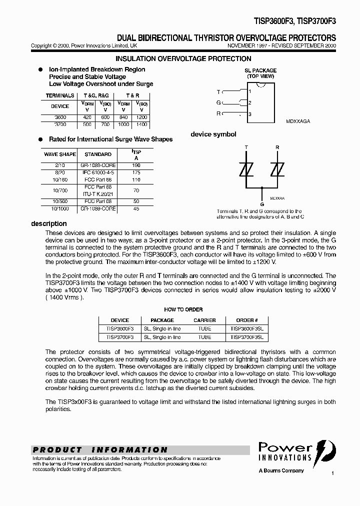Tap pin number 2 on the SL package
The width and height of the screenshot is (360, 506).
pos(250,103)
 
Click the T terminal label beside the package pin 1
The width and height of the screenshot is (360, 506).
pos(218,91)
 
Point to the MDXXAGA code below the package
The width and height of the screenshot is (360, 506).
pos(298,121)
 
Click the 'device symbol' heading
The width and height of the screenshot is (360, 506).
pos(213,134)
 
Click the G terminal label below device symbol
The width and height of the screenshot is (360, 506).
pos(261,204)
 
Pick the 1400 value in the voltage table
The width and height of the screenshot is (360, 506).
pos(141,124)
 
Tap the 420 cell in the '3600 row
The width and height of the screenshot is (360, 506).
pos(87,117)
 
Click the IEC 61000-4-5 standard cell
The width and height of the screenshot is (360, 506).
pos(97,172)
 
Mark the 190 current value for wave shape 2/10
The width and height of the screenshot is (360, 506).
pos(136,164)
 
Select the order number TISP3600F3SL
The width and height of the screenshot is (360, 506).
pos(246,329)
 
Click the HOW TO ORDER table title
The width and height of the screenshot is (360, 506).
pos(183,309)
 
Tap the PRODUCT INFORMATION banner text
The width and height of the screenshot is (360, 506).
pos(100,449)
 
